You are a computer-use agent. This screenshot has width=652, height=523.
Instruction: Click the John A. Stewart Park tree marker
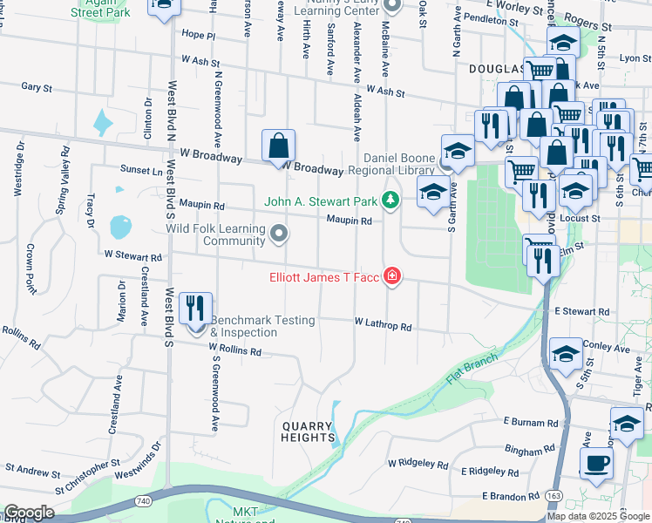(391, 201)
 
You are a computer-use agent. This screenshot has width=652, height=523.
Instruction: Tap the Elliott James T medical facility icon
(392, 277)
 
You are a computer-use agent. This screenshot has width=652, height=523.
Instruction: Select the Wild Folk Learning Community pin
(279, 233)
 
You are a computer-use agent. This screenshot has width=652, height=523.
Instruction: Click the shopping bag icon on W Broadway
(278, 146)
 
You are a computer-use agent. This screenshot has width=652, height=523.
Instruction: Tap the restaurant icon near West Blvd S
(194, 309)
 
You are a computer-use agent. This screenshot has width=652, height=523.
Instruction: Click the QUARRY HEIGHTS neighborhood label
(307, 431)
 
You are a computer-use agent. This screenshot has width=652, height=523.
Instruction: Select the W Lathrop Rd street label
(383, 324)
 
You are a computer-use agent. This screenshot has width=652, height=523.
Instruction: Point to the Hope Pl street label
(198, 36)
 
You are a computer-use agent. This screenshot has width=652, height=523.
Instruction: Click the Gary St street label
(37, 87)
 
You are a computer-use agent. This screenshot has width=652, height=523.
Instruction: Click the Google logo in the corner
(29, 513)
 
